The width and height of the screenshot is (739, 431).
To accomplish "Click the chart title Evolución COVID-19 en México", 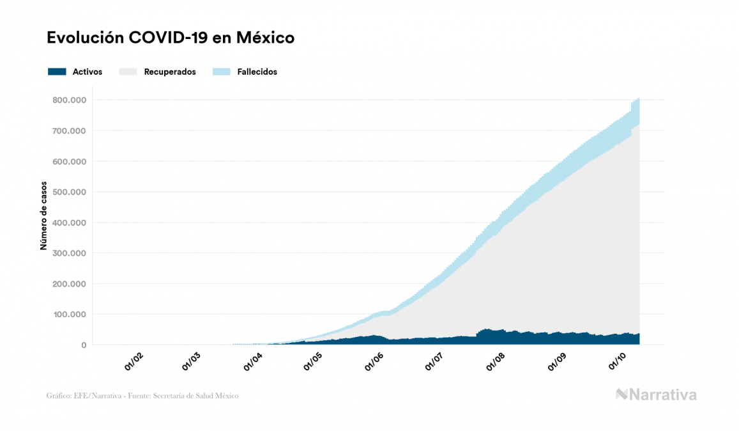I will [x=171, y=38].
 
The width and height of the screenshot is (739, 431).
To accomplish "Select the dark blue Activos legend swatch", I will [x=57, y=72].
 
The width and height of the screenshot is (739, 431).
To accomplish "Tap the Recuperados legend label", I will [x=170, y=72].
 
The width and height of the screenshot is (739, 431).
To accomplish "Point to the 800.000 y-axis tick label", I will [x=70, y=100].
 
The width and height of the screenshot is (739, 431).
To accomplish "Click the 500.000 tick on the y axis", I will [x=70, y=192].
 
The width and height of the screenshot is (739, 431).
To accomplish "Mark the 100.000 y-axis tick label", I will [x=70, y=315].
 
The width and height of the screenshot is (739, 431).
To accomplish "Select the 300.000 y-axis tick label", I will [x=70, y=253].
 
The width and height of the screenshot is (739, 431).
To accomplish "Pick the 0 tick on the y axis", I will [x=83, y=345].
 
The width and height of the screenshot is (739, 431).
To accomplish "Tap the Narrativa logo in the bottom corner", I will [x=656, y=395].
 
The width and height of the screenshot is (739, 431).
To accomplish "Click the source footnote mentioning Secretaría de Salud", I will [x=142, y=396].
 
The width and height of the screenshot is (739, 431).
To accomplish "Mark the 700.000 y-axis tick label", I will [x=70, y=131].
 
